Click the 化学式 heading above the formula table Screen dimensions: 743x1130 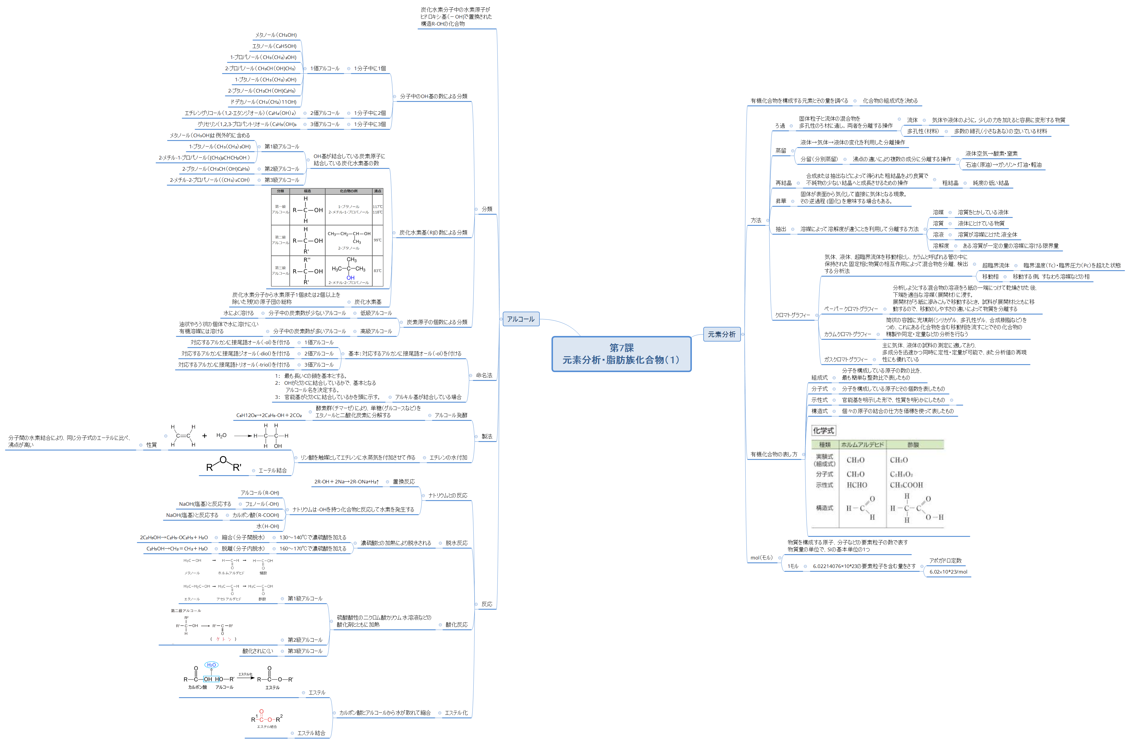[x=823, y=431]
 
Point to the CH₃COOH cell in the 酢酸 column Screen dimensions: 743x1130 [x=906, y=485]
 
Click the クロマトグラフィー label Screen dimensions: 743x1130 [x=792, y=315]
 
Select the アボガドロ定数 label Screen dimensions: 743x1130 [x=945, y=560]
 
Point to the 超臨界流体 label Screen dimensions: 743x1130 [x=996, y=265]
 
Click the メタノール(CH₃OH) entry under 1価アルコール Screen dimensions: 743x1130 [x=275, y=35]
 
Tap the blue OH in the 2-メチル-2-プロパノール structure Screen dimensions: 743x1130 [x=350, y=278]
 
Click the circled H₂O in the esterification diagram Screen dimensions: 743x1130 [x=211, y=665]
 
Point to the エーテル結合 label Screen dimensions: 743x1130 [x=273, y=470]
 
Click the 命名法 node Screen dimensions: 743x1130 [x=484, y=376]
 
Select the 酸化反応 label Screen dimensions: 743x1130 [x=456, y=625]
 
